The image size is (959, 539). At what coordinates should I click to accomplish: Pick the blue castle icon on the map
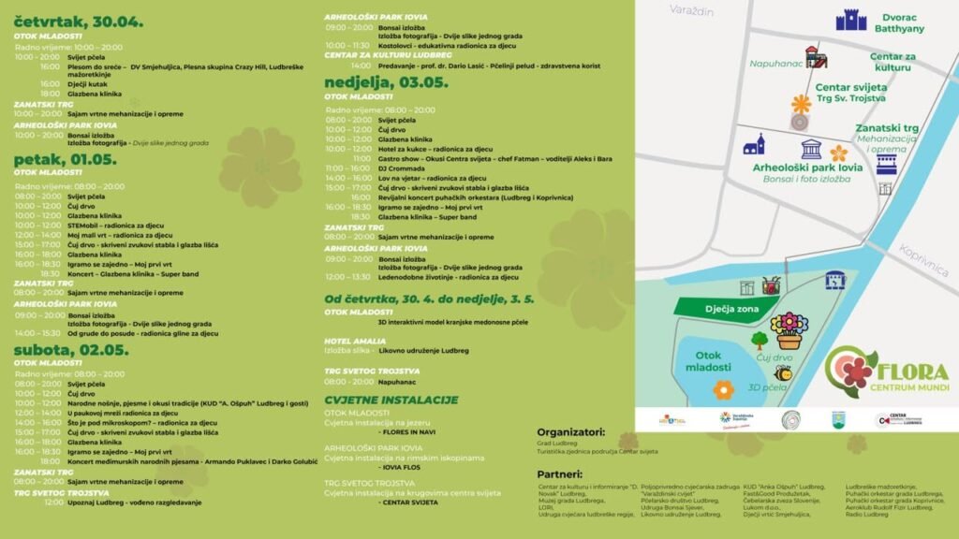[x=851, y=20]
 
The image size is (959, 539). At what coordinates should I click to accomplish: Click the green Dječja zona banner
[x=727, y=308]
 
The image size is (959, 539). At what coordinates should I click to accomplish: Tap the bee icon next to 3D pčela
[x=782, y=373]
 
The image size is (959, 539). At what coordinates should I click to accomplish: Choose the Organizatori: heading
[x=572, y=432]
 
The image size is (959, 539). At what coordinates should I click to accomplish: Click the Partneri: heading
[x=561, y=473]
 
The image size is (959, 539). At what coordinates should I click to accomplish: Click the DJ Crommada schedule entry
[x=401, y=168]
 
